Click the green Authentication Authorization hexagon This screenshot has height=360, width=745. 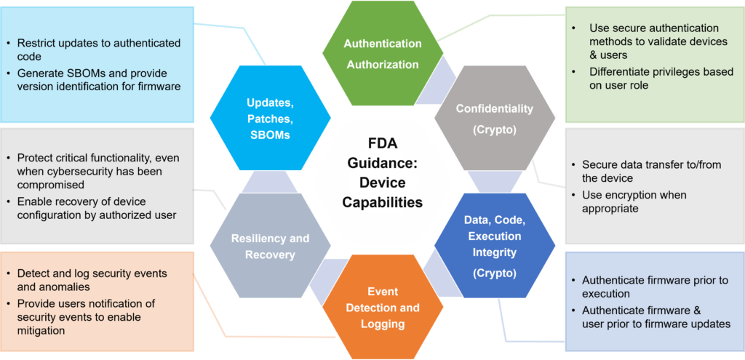click(383, 53)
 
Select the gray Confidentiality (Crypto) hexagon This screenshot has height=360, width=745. click(495, 119)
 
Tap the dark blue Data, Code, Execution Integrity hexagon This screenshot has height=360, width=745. click(495, 245)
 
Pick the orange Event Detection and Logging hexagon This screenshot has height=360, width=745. click(383, 308)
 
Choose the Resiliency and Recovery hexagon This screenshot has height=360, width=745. click(271, 246)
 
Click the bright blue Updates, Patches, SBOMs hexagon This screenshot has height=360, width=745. click(271, 119)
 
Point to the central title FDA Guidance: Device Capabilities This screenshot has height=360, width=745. click(383, 173)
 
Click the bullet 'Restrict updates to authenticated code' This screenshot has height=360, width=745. click(95, 49)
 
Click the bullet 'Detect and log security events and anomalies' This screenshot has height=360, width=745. click(87, 280)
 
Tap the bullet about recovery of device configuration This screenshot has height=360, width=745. click(92, 208)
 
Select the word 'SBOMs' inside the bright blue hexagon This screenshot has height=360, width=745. click(270, 135)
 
